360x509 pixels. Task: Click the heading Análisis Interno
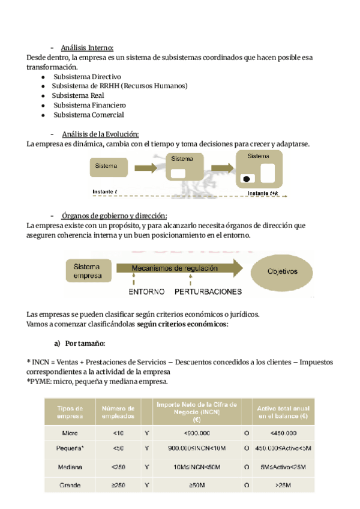87,48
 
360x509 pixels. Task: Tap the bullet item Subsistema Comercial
88,115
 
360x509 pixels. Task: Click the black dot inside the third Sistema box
246,178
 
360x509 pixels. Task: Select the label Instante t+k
265,193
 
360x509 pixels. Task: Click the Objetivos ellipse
282,271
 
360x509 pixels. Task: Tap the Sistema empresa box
88,271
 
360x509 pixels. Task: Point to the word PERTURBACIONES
208,292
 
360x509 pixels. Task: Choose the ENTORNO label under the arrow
146,292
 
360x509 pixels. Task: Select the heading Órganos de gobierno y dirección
114,215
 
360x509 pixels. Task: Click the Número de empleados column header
118,412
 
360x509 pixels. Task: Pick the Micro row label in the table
70,432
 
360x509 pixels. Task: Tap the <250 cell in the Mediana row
118,466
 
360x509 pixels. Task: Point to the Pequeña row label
70,449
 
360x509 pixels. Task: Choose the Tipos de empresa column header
70,412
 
